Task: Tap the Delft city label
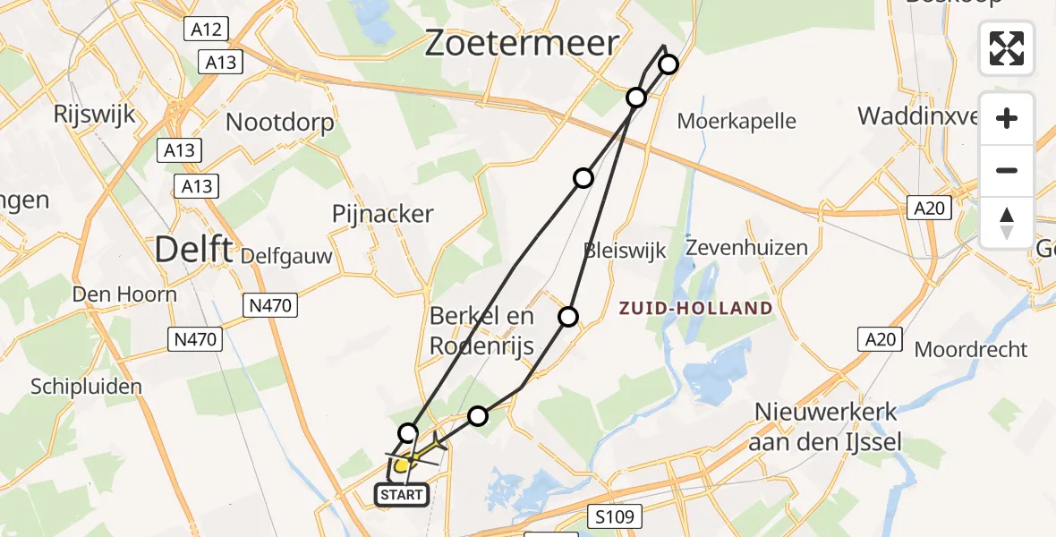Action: click(x=192, y=249)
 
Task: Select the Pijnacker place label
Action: click(x=382, y=214)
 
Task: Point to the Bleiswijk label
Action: click(x=625, y=250)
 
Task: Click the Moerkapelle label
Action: click(x=737, y=121)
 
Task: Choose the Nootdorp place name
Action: click(x=280, y=122)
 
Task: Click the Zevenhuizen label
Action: click(x=747, y=247)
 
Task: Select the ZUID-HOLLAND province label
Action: click(x=696, y=309)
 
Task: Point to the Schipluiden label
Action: click(x=86, y=387)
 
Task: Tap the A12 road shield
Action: click(x=208, y=30)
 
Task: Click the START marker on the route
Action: click(x=402, y=494)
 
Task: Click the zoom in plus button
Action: click(x=1007, y=118)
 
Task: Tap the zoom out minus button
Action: click(x=1007, y=170)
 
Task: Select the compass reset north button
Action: click(x=1007, y=222)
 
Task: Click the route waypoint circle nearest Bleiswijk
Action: click(x=568, y=316)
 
